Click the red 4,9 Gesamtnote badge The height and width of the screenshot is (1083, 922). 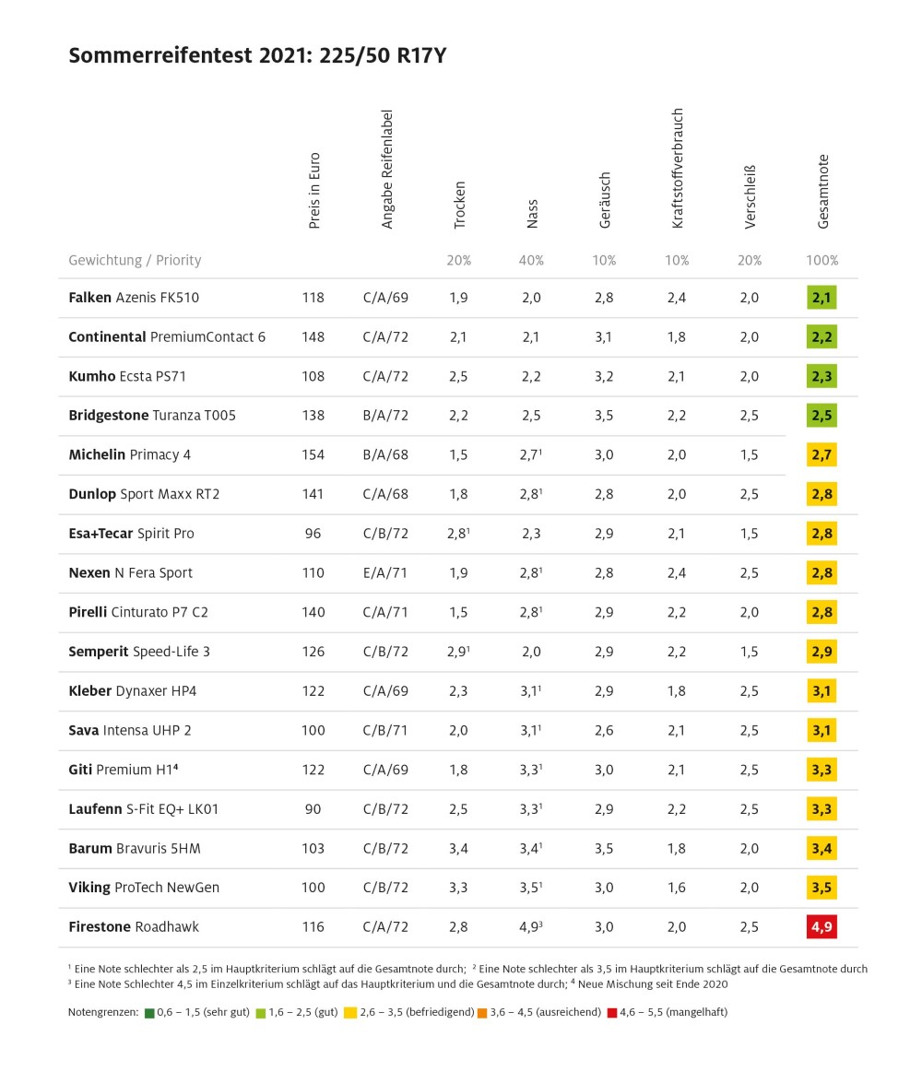coord(822,926)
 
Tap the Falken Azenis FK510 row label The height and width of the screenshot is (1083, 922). coord(134,298)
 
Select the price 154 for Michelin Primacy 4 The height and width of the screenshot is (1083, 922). coord(313,454)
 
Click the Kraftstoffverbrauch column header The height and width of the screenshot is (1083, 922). coord(677,168)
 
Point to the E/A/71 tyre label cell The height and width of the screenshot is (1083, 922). coord(385,572)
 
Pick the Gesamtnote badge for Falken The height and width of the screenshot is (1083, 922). coord(822,298)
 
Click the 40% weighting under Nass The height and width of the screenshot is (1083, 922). coord(531,261)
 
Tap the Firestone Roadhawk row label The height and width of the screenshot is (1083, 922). coord(134,927)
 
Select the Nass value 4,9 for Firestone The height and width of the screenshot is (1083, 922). coord(531,927)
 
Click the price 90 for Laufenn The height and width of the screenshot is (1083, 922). coord(313,809)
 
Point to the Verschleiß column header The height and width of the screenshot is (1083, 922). coord(750,197)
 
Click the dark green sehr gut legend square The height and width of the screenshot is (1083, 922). coord(149,1013)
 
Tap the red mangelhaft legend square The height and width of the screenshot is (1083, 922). coord(611,1013)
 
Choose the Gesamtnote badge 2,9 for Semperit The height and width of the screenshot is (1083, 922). coord(822,652)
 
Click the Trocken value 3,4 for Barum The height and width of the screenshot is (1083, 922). coord(458,848)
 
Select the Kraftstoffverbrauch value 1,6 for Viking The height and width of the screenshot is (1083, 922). coord(677,888)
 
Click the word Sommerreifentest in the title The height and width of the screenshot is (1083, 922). coord(160,55)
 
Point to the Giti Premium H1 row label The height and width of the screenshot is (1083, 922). coord(123,770)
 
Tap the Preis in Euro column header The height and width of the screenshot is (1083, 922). coord(314,191)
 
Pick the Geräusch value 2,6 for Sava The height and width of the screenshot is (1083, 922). coord(604,730)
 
